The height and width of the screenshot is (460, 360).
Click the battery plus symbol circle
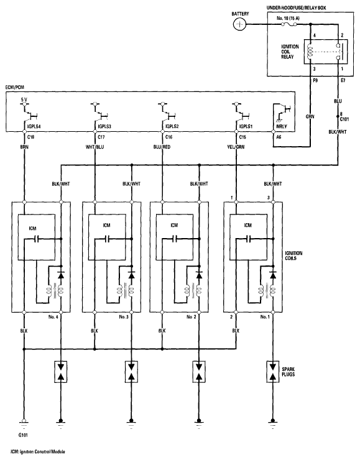(x=240, y=24)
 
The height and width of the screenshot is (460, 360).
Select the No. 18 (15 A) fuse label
(x=288, y=18)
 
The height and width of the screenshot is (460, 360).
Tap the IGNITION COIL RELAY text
(x=290, y=52)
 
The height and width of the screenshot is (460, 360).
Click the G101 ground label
(x=23, y=435)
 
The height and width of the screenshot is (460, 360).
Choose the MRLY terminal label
(x=282, y=126)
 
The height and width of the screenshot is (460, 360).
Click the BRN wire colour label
(x=24, y=147)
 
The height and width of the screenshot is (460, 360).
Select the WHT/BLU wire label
(x=95, y=147)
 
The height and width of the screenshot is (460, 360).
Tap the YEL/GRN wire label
(x=236, y=147)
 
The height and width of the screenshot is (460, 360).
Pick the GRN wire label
(x=310, y=116)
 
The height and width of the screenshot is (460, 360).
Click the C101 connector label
(x=344, y=119)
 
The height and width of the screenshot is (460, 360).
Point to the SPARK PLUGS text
(x=288, y=372)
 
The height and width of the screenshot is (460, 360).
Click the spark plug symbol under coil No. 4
(x=61, y=372)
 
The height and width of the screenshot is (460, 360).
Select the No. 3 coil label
(x=124, y=317)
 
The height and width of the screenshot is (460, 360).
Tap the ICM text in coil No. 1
(x=247, y=225)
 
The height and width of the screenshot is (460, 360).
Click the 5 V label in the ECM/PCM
(x=24, y=99)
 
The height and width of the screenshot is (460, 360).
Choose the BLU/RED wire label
(x=162, y=147)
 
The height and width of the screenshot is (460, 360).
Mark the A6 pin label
(x=279, y=137)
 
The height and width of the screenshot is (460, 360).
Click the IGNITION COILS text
(x=293, y=255)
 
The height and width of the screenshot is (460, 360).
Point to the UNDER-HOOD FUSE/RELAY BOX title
(x=296, y=8)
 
